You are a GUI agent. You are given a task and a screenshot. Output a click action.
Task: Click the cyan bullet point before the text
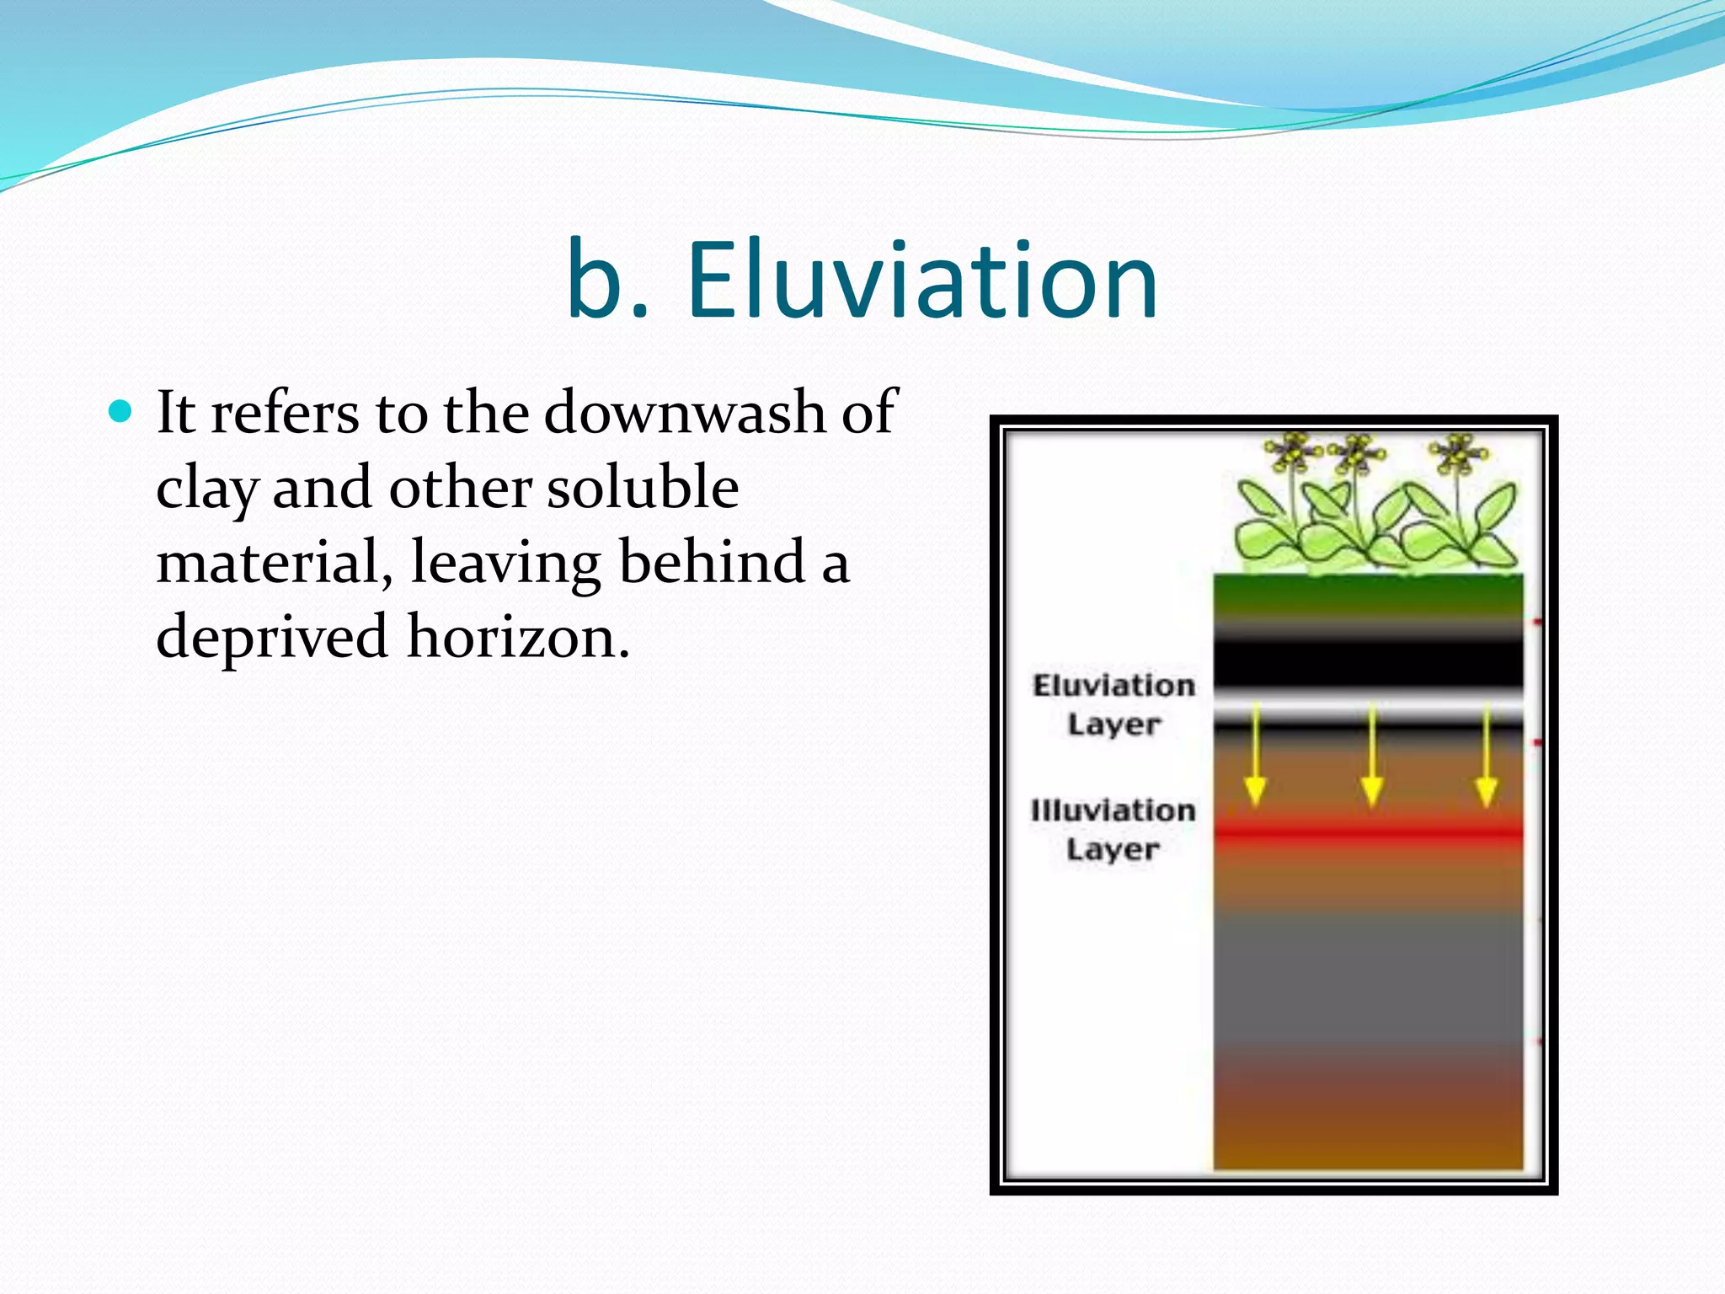click(121, 412)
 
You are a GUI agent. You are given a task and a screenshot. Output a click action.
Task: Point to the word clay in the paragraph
click(206, 489)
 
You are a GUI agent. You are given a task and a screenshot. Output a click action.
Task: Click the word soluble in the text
click(643, 489)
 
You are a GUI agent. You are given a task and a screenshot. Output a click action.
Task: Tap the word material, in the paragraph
click(275, 563)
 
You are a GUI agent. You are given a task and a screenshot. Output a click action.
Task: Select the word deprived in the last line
click(272, 637)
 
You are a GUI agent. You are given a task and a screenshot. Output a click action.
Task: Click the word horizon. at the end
click(518, 637)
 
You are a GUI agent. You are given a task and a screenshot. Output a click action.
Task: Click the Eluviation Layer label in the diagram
click(1114, 704)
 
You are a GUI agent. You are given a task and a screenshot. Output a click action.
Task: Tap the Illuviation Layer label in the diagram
click(1113, 829)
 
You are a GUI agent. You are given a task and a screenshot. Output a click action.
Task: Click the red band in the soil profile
click(1368, 834)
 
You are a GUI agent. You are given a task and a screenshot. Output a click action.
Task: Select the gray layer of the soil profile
click(1368, 977)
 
